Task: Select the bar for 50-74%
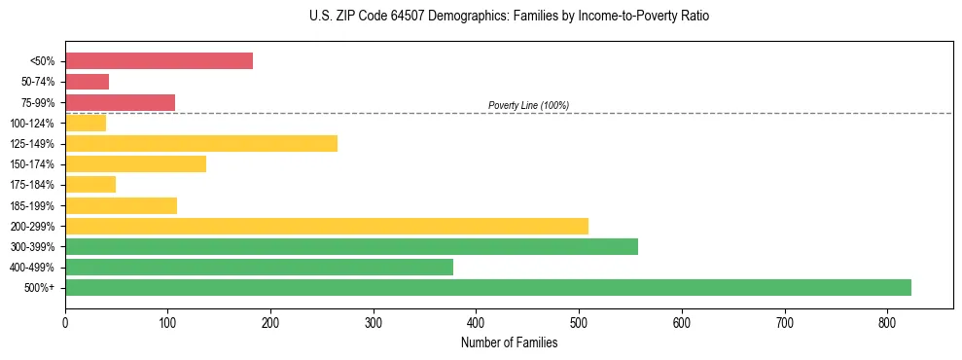coord(87,82)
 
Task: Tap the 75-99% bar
coord(120,102)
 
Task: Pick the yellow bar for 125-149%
coord(201,143)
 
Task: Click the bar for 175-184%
coord(90,184)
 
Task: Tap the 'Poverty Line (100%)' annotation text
coord(528,105)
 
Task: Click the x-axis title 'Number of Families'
coord(509,342)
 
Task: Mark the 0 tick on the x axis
coord(65,322)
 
